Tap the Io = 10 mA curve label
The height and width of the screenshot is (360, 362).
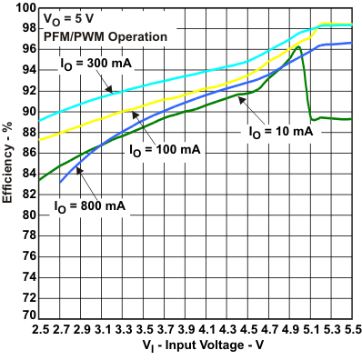pos(281,132)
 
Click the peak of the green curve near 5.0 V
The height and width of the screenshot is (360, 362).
pos(297,46)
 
